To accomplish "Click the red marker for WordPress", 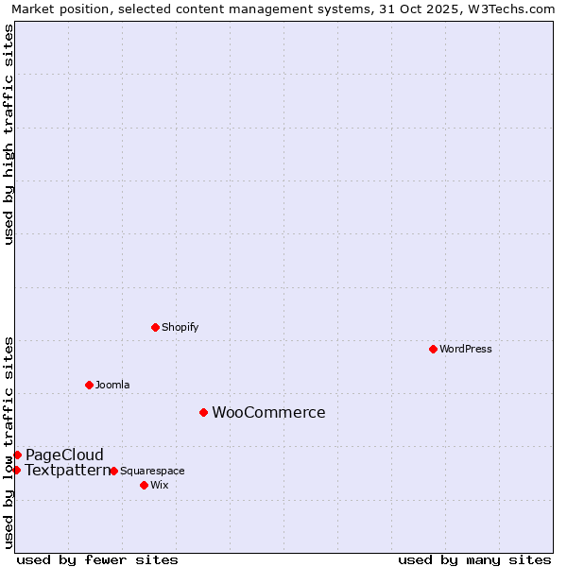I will coord(433,349).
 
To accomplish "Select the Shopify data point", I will coord(155,327).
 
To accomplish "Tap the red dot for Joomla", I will coord(89,385).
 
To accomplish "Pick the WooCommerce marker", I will coord(203,412).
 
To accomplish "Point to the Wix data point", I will coord(144,485).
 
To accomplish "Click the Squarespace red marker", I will coord(113,471).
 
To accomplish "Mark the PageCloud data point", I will coord(17,455).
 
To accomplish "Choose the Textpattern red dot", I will coord(16,470).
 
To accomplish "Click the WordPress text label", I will coord(466,349).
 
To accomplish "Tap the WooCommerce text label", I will coord(268,412).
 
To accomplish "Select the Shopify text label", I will coord(180,327).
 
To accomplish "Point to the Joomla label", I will coord(112,385).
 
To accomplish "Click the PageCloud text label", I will coord(64,455).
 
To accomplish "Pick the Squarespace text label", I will coord(152,471).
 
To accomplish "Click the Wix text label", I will coord(160,485).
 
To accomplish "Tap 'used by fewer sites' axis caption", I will coord(97,559).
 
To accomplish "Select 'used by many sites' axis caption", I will coord(474,559).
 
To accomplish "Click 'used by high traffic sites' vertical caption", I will coord(9,134).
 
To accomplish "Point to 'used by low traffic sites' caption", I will coord(9,441).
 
